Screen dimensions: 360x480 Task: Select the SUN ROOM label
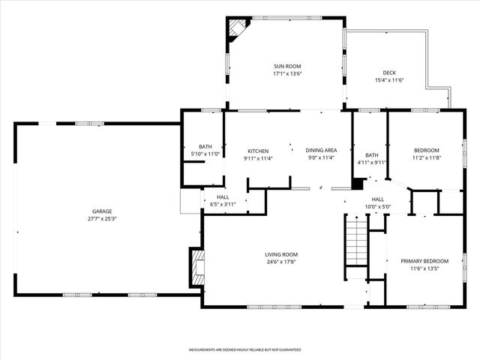(x=287, y=66)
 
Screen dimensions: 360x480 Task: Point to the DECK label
(x=389, y=73)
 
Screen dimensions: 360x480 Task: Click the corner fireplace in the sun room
(x=238, y=28)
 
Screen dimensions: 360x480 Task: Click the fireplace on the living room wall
(x=197, y=265)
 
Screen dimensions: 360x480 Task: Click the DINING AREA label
(x=320, y=150)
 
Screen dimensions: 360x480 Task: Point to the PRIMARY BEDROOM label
(x=424, y=261)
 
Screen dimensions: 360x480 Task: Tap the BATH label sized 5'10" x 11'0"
(x=205, y=146)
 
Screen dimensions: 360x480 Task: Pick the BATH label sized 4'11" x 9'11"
(x=371, y=154)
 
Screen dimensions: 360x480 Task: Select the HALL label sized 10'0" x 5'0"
(x=377, y=199)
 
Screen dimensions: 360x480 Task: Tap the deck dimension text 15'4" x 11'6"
(x=389, y=80)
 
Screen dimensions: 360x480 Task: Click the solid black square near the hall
(x=358, y=182)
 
